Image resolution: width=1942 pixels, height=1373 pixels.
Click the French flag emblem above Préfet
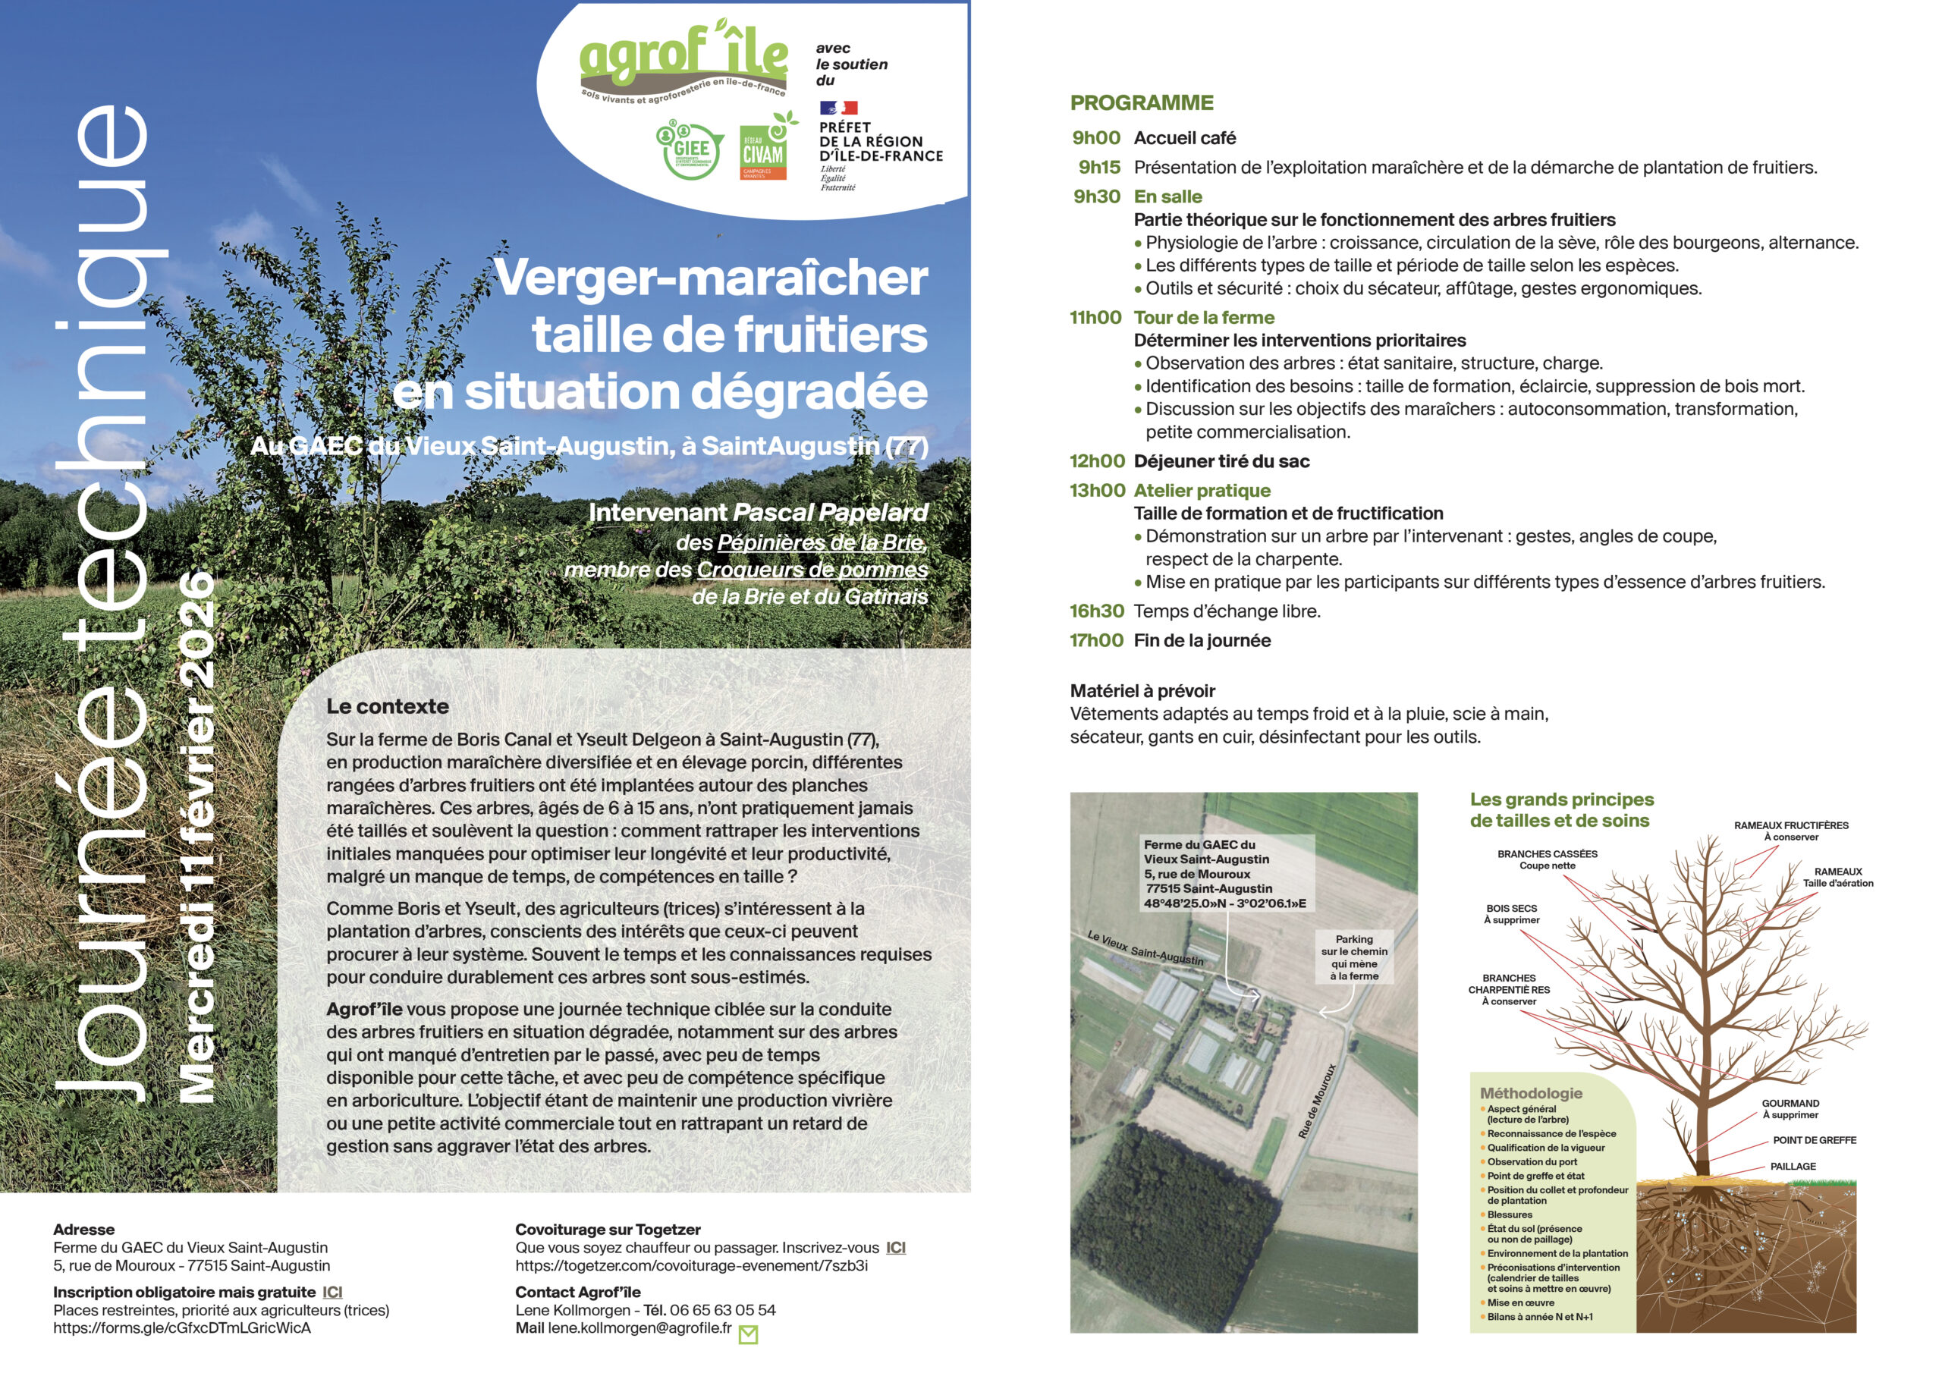tap(838, 108)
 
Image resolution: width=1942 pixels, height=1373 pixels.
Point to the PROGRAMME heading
tap(1141, 103)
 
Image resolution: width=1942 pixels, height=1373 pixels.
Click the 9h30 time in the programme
tap(1096, 197)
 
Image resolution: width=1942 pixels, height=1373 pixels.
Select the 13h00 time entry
tap(1097, 491)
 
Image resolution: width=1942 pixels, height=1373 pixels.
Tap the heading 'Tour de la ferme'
tap(1204, 318)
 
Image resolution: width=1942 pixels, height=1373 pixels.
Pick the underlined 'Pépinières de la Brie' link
tap(822, 542)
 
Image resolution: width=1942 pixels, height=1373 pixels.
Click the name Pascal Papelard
tap(830, 513)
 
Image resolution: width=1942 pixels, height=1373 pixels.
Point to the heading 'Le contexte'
tap(388, 706)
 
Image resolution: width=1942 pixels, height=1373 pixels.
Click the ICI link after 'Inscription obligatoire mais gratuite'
tap(332, 1293)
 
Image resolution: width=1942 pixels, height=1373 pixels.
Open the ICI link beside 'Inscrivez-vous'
tap(896, 1248)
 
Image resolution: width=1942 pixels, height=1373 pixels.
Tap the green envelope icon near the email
tap(749, 1334)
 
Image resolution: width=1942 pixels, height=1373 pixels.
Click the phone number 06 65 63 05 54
tap(722, 1310)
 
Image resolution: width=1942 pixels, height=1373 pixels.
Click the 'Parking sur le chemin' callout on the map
tap(1354, 957)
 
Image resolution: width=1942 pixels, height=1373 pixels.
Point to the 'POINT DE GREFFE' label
tap(1815, 1140)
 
